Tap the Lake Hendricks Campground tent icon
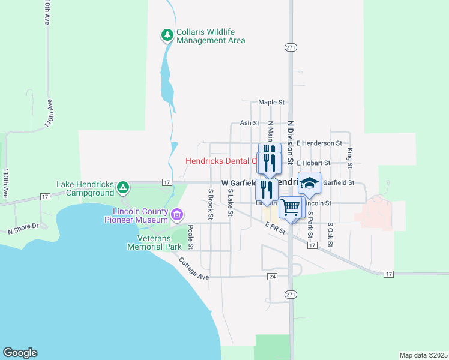122,188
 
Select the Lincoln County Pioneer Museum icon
176,214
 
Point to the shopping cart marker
291,208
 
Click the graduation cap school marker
310,182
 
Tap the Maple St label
271,103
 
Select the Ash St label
249,122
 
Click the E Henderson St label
319,143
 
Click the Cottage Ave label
193,269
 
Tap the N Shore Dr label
23,228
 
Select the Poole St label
190,237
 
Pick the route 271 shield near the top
291,47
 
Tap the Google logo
20,353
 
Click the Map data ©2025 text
423,355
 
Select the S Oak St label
330,236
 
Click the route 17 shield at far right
388,274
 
